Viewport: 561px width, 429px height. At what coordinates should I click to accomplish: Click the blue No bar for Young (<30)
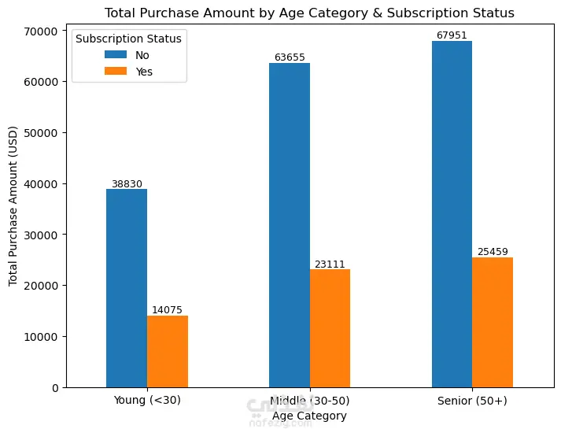pos(127,288)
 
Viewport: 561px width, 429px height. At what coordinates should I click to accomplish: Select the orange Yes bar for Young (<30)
pos(168,352)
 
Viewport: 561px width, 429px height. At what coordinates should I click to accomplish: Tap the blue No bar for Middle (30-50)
pos(290,225)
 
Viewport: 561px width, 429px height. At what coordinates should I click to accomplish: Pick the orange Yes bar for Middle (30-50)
pos(330,328)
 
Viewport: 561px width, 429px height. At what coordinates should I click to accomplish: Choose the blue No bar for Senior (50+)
pos(452,214)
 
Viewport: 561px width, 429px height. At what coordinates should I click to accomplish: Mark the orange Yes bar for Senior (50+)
pos(493,323)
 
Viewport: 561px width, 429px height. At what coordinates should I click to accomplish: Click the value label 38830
pos(127,184)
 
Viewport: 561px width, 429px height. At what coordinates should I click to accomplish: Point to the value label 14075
pos(168,310)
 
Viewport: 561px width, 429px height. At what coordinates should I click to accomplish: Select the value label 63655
pos(290,57)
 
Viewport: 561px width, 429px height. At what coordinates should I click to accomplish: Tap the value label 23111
pos(330,264)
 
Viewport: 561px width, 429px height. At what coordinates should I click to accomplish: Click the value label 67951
pos(452,35)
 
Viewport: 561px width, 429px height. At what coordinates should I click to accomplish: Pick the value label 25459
pos(493,252)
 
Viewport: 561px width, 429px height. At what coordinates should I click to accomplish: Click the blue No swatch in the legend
pos(115,55)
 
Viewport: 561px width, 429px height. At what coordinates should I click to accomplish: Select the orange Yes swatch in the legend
pos(115,71)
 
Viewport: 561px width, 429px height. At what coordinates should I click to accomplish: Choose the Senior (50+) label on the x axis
pos(472,401)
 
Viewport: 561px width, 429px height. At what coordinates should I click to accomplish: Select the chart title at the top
pos(309,13)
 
